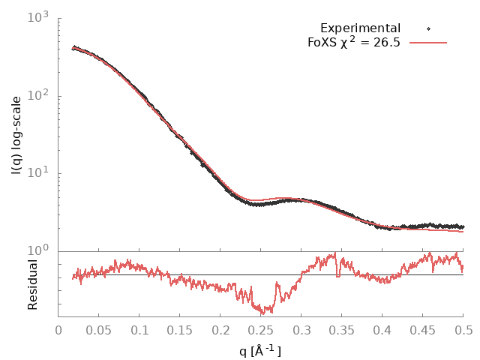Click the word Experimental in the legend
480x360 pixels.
click(x=360, y=28)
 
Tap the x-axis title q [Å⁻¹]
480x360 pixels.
click(x=261, y=349)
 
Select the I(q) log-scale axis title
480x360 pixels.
click(x=16, y=136)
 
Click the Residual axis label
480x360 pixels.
click(x=32, y=284)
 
